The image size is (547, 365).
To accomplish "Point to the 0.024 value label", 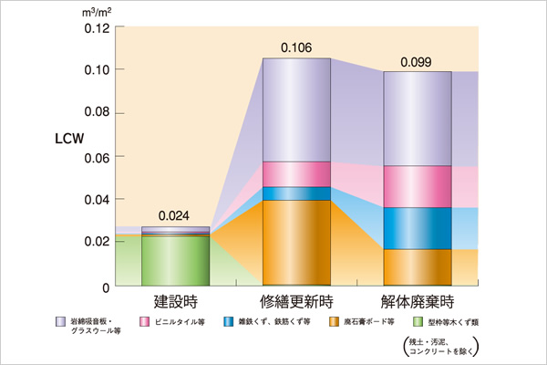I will click(176, 216).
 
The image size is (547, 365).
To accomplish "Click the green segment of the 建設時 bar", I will click(176, 261).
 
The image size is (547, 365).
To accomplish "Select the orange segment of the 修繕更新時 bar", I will click(296, 243).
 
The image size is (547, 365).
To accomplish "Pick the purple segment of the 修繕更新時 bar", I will click(296, 109).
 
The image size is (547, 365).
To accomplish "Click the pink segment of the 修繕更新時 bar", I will click(296, 174).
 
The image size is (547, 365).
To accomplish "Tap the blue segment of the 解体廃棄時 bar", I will click(418, 228).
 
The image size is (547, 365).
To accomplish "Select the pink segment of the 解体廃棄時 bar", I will click(418, 186).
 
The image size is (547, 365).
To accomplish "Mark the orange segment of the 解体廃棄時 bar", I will click(418, 267).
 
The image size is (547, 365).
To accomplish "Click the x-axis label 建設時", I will click(174, 300).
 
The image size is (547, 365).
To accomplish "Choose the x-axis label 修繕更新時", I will click(296, 300).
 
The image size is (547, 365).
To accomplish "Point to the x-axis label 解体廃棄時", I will click(417, 300).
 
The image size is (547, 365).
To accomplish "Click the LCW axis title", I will click(70, 143).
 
